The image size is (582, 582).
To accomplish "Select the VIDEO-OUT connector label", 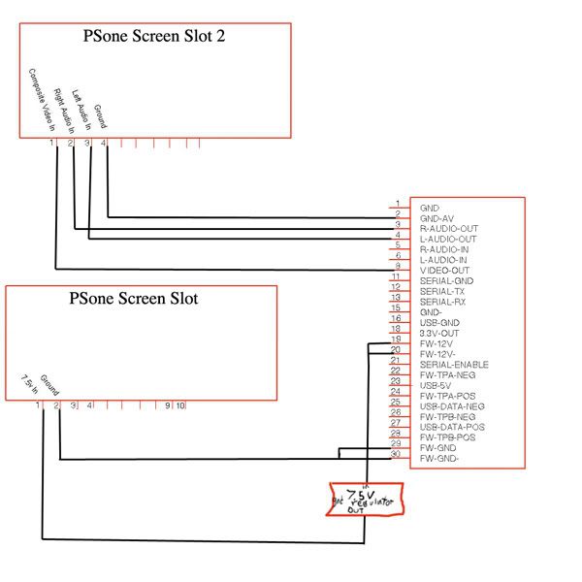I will pos(444,270).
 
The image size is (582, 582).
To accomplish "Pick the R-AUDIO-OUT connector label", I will pos(448,228).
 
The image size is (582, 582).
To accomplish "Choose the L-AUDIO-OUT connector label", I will pos(448,239).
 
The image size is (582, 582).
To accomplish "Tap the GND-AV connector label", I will pos(436,218).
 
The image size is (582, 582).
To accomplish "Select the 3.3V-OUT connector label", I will pos(439,333).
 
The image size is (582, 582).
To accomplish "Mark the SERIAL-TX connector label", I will pos(442,291).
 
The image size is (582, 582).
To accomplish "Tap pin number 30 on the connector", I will pos(396,454).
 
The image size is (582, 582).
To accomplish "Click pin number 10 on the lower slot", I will pos(180,404).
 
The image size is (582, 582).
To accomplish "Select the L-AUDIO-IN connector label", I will pos(444,259).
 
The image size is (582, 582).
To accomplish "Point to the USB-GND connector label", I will pos(439,322).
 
